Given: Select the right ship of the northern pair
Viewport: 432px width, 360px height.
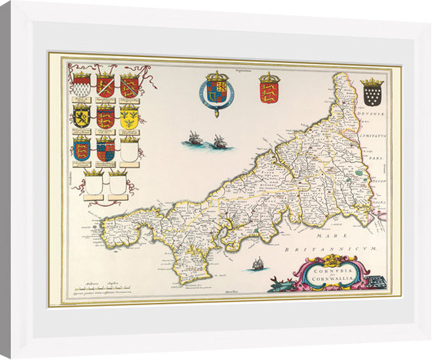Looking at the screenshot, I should (x=220, y=142).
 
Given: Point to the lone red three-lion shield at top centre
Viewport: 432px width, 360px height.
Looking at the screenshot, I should (x=268, y=92).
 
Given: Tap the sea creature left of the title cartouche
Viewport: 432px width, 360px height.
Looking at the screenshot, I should (x=277, y=284).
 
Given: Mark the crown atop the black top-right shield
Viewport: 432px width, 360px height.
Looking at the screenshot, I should (x=372, y=82).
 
